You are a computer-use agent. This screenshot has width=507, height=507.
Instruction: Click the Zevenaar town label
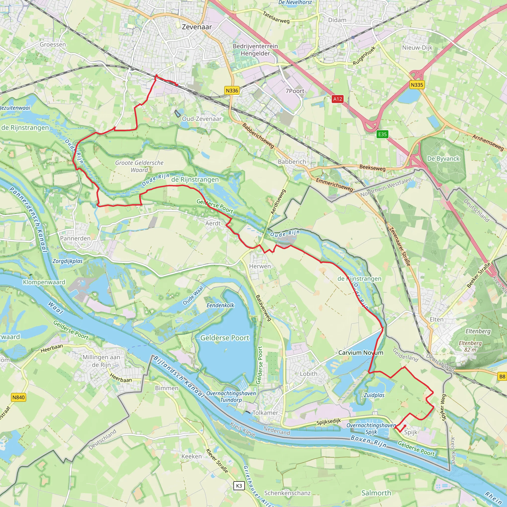(x=197, y=27)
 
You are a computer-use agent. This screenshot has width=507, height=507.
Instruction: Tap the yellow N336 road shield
(x=232, y=91)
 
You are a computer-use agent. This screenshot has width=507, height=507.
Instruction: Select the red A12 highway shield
(x=337, y=99)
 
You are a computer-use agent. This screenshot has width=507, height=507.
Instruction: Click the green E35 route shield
(x=382, y=134)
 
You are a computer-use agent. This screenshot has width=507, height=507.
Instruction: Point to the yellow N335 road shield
(x=417, y=85)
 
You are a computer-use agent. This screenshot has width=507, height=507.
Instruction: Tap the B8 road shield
(x=502, y=377)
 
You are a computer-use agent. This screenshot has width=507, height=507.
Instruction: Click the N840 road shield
(x=19, y=397)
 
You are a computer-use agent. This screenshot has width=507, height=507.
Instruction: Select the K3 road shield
(x=239, y=486)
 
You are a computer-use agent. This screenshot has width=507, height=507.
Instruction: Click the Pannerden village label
(x=75, y=238)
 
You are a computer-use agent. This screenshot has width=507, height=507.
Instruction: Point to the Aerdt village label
(x=213, y=223)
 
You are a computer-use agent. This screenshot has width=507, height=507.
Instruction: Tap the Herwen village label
(x=260, y=266)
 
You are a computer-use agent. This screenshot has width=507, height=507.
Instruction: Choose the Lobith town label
(x=309, y=374)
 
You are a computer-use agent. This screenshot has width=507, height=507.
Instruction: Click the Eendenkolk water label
(x=220, y=305)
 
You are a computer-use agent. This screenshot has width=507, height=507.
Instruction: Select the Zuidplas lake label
(x=374, y=395)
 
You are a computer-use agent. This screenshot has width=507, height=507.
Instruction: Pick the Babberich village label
(x=292, y=162)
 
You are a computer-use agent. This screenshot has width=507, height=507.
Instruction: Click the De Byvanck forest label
(x=443, y=158)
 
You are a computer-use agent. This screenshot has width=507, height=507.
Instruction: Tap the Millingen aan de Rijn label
(x=101, y=361)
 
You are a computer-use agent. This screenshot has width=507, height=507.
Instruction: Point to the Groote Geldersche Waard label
(x=139, y=166)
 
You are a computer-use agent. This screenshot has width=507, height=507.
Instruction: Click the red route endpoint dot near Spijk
(x=405, y=426)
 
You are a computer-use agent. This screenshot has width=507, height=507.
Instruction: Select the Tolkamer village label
(x=265, y=413)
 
